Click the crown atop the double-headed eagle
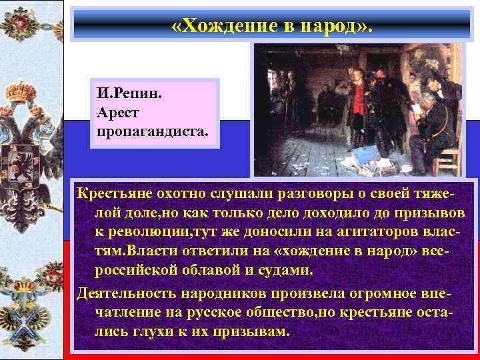pyautogui.click(x=33, y=93)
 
